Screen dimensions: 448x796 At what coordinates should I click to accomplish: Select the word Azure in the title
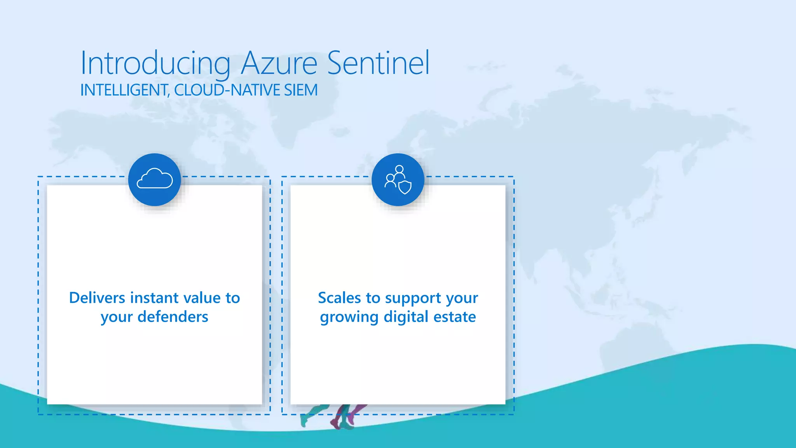[279, 63]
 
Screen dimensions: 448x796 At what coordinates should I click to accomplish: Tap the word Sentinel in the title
[378, 63]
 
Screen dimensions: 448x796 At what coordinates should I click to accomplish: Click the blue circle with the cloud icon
[155, 180]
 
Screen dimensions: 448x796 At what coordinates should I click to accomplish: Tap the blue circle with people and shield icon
[398, 180]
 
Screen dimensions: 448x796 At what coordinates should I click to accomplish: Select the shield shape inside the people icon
[405, 187]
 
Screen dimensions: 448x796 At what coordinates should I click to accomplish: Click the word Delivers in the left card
[97, 298]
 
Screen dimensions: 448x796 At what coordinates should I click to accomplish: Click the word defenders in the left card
[173, 317]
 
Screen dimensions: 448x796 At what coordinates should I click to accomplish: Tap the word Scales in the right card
[339, 298]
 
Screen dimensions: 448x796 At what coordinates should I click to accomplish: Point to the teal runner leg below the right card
[311, 415]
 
